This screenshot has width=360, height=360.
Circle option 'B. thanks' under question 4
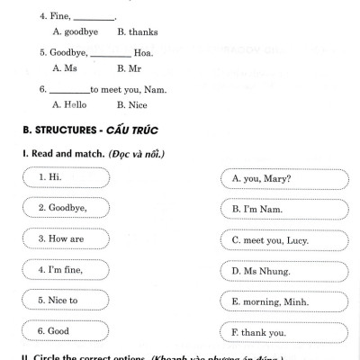point(137,31)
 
